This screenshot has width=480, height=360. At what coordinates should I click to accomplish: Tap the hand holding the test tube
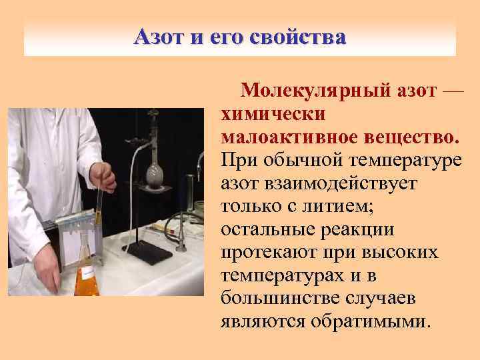(103, 176)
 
